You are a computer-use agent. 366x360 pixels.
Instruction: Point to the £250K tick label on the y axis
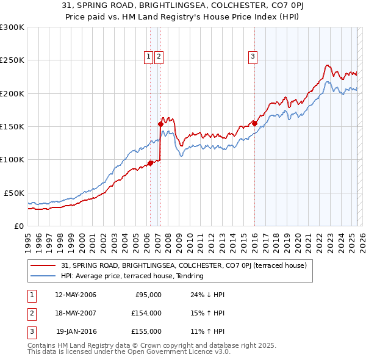[12, 60]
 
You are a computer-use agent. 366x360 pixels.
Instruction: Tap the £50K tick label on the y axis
[14, 193]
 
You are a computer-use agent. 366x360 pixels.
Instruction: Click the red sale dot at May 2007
[161, 124]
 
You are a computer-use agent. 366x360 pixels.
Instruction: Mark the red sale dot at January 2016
[254, 123]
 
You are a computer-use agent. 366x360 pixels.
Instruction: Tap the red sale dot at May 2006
[150, 163]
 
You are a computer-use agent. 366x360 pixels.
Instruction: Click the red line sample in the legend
[43, 265]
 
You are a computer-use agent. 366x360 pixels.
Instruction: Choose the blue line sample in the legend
[43, 276]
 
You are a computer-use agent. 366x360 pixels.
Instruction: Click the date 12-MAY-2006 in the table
[75, 295]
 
